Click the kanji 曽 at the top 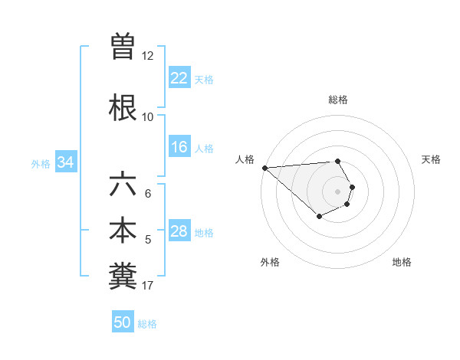123,46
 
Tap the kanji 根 123,106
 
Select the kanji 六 123,185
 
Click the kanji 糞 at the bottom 123,277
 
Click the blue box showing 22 179,78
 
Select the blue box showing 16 179,148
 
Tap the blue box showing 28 179,232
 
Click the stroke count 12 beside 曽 147,55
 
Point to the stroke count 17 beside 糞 147,286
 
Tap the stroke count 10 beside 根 147,116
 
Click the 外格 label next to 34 41,163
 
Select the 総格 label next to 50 147,323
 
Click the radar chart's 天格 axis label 431,159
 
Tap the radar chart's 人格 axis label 245,159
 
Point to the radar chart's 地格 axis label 402,262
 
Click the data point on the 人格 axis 264,167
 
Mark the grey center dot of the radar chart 337,191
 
